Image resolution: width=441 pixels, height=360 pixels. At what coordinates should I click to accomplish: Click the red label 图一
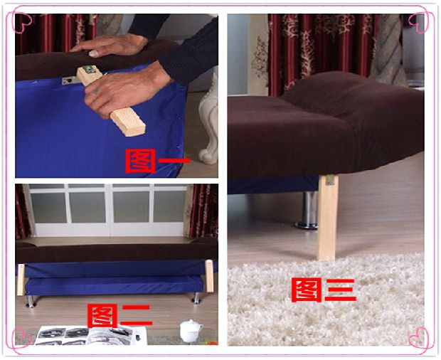coord(157,161)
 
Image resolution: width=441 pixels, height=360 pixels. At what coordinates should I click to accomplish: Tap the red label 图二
coord(120,316)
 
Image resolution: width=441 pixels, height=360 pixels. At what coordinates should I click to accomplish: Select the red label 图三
coord(324,290)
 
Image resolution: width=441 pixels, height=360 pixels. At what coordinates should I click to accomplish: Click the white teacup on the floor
coord(191,331)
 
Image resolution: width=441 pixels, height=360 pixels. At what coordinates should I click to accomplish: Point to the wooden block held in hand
coord(112,101)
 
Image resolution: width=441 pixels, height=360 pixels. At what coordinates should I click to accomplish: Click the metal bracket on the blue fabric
coord(70,81)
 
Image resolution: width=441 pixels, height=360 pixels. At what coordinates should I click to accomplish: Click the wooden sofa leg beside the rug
coord(328,217)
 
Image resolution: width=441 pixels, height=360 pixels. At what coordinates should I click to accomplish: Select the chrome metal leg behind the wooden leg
coord(309,210)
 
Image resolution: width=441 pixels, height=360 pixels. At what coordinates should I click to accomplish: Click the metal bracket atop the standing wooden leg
coord(330,180)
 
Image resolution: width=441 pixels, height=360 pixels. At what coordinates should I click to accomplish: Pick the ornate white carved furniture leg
coord(208,118)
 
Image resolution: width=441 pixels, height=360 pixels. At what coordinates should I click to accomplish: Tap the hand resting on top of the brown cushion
coord(109,46)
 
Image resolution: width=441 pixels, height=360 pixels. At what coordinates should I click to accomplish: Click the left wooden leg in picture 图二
coord(21,280)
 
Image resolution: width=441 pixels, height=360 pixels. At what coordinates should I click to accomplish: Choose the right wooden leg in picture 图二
coord(209,276)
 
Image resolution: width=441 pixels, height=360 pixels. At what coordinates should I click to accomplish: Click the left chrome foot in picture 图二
coord(30,301)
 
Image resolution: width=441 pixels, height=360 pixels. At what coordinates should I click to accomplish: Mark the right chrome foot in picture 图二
coord(196,298)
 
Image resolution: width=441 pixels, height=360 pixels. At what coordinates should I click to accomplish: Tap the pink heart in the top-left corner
coord(22,21)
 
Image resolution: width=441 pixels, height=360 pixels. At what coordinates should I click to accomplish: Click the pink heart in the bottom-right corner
coord(418,337)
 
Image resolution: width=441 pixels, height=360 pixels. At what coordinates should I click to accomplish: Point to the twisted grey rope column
coord(388,50)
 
